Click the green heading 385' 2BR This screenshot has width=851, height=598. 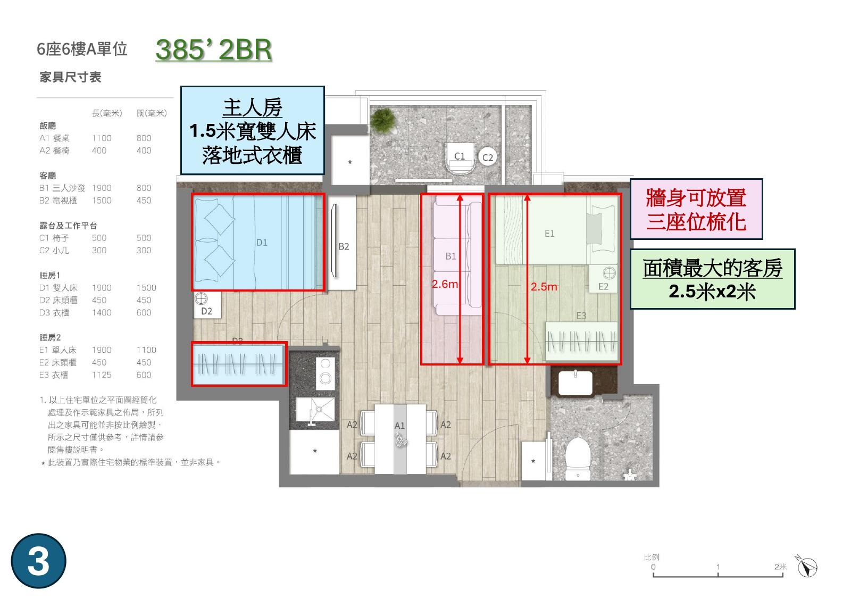coord(214,50)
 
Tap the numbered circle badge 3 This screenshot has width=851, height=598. coord(38,561)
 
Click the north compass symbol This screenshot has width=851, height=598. coord(806,567)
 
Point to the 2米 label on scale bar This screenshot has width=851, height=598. coord(780,567)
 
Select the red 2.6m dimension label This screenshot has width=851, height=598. coord(445,284)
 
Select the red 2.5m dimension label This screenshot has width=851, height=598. coord(544,286)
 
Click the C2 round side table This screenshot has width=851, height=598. coord(487,157)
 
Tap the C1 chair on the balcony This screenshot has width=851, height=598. coord(460,159)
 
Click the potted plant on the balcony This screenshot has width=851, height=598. coord(382,119)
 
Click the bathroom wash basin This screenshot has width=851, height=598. coord(575,382)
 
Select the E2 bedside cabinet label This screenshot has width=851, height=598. coord(603,286)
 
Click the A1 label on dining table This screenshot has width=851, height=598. coord(399,426)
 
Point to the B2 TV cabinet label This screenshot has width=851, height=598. coord(344,246)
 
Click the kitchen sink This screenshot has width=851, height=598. coord(316,410)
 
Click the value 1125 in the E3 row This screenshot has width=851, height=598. coord(102,375)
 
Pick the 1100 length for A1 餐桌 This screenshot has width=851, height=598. coord(102,138)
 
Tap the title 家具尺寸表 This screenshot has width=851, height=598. coord(70,77)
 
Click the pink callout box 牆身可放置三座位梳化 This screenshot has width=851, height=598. coord(696,209)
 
